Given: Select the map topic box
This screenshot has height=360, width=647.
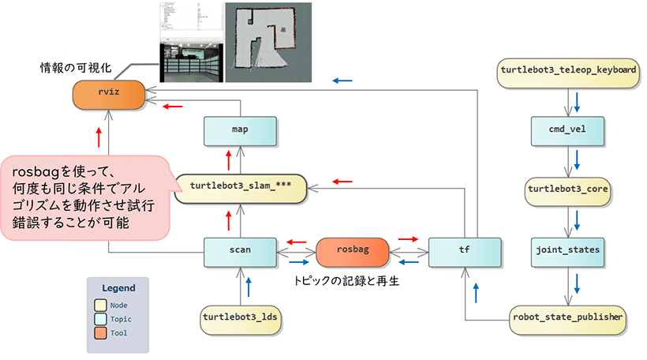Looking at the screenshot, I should pyautogui.click(x=240, y=130).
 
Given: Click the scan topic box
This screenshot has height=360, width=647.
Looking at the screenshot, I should pyautogui.click(x=240, y=250).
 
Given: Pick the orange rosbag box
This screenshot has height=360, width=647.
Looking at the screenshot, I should pyautogui.click(x=352, y=250).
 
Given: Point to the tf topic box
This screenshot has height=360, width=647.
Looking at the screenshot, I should pyautogui.click(x=464, y=250).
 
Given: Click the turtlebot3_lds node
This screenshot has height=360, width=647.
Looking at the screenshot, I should pyautogui.click(x=241, y=317).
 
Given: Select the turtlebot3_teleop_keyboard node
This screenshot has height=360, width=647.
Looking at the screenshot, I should pyautogui.click(x=568, y=69).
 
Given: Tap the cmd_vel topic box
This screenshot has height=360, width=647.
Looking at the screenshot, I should pyautogui.click(x=567, y=129).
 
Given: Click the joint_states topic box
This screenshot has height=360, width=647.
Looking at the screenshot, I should pyautogui.click(x=567, y=250).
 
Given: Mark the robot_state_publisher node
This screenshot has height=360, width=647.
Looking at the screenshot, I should pyautogui.click(x=568, y=317).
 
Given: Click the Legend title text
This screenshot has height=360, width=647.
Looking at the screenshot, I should pyautogui.click(x=118, y=288).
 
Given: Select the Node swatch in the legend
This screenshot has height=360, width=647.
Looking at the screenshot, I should pyautogui.click(x=100, y=306).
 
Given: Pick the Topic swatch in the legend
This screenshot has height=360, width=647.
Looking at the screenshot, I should pyautogui.click(x=100, y=319).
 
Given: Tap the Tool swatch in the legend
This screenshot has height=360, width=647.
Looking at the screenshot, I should pyautogui.click(x=100, y=332).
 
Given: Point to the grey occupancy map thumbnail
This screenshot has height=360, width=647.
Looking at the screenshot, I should pyautogui.click(x=268, y=40).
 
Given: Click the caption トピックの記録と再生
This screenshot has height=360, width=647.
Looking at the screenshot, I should pyautogui.click(x=346, y=280).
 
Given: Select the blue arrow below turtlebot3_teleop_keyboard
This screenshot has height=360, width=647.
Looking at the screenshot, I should pyautogui.click(x=578, y=101).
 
